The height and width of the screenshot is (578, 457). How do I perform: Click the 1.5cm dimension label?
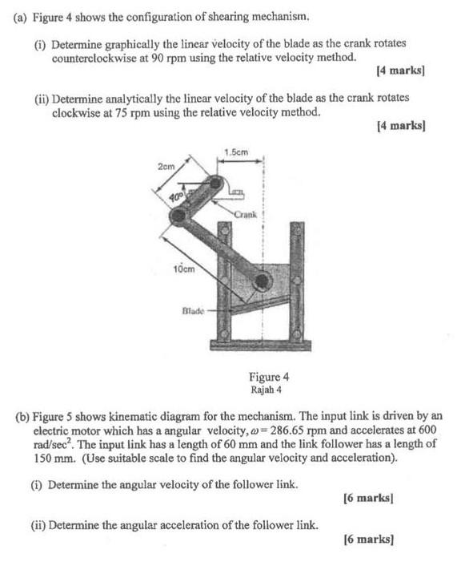[x=236, y=152]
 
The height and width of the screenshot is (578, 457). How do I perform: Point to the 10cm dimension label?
[x=183, y=269]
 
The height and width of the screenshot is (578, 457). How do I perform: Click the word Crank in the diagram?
[x=245, y=213]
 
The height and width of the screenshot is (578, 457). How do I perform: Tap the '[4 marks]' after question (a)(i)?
[x=399, y=71]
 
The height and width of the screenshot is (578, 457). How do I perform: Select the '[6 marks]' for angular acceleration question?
[x=367, y=540]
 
